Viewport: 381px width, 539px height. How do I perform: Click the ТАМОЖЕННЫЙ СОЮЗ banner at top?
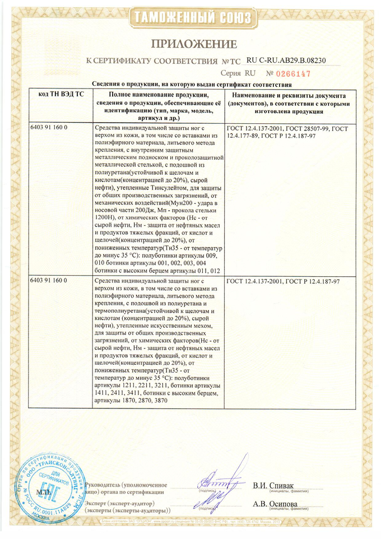click(190, 18)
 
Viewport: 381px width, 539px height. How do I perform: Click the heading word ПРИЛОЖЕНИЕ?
click(190, 44)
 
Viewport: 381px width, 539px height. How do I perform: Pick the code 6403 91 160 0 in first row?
click(48, 129)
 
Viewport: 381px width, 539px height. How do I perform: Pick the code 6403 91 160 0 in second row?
click(48, 280)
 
